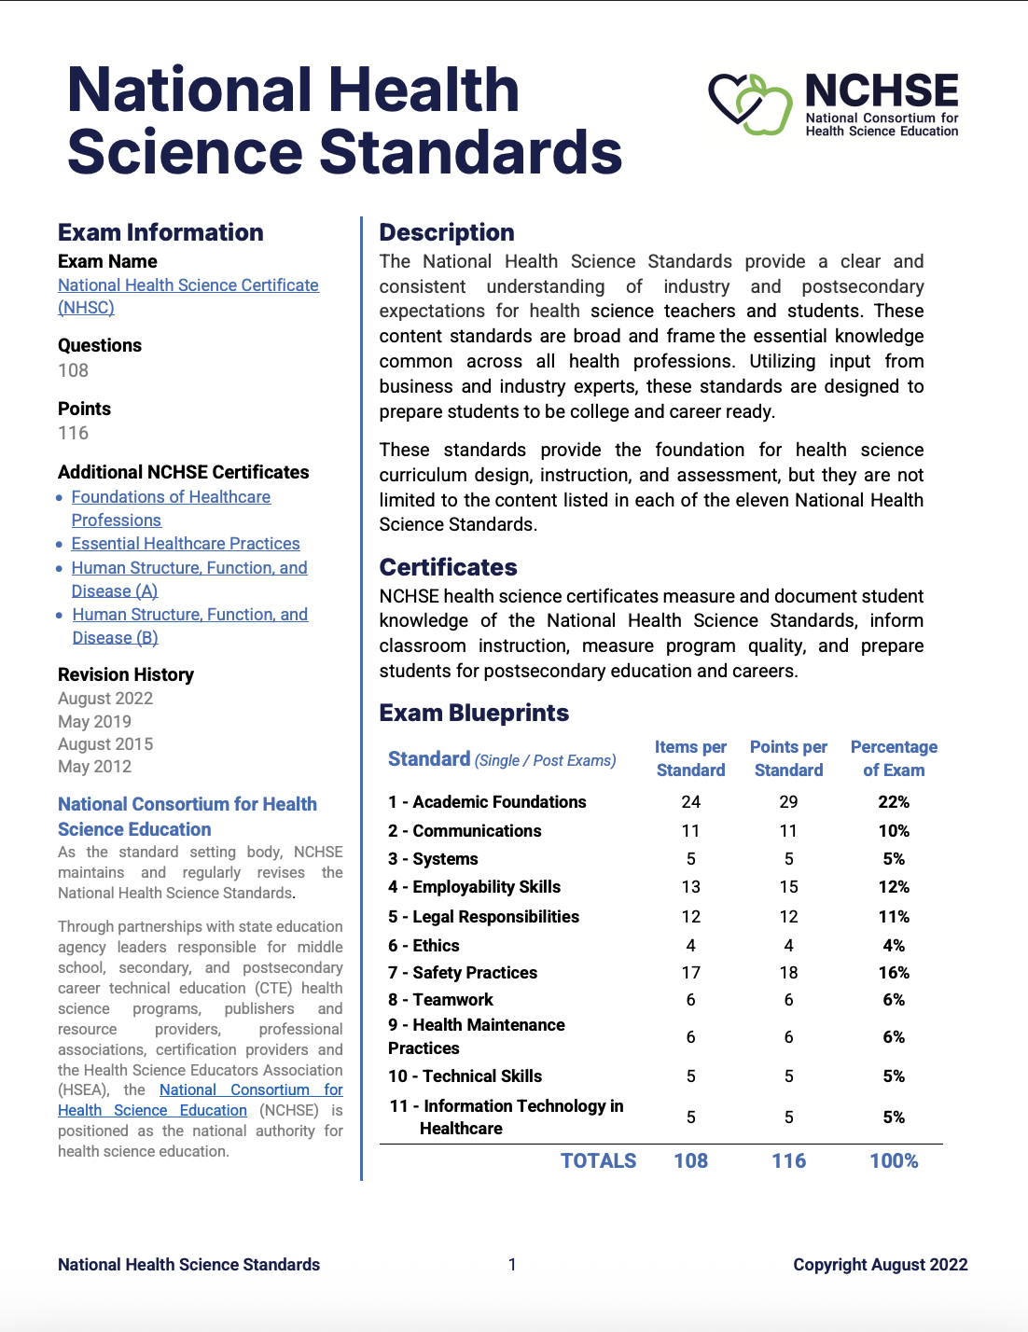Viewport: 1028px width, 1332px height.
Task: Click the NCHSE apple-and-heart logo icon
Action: (750, 104)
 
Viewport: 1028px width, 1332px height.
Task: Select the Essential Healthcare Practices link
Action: (186, 544)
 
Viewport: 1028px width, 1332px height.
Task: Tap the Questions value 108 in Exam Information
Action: (74, 370)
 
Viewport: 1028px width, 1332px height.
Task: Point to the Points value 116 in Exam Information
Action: (74, 433)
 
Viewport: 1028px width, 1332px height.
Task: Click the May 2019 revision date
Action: (94, 721)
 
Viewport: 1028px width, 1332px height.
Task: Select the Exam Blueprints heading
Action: (474, 713)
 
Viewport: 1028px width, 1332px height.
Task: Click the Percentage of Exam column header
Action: (894, 758)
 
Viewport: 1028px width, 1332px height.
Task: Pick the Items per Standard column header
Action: (690, 758)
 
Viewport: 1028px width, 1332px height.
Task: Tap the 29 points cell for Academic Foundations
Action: (788, 802)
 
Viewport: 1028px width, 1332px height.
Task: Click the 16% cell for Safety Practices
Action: (894, 973)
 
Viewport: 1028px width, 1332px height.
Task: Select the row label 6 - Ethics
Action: (424, 946)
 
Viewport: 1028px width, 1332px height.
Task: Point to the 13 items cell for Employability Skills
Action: (690, 887)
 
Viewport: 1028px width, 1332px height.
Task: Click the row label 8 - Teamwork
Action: (440, 1000)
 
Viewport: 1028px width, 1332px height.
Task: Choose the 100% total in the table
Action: (894, 1161)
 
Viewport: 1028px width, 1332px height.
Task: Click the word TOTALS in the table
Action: (598, 1161)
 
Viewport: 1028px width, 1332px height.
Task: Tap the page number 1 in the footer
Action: (512, 1265)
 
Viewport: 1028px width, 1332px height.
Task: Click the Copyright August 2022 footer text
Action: (880, 1265)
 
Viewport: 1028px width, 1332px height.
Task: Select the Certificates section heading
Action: (448, 567)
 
